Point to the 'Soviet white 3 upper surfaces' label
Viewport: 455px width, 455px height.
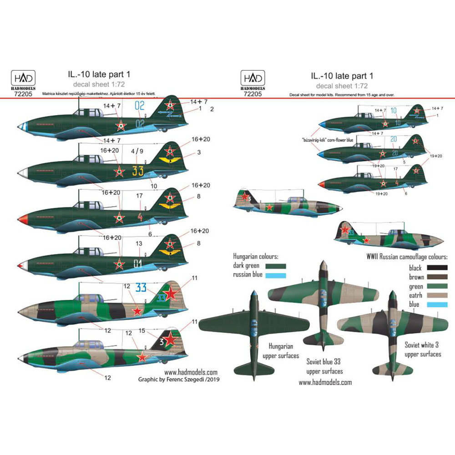pyautogui.click(x=423, y=349)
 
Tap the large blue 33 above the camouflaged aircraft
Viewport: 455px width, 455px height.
pyautogui.click(x=142, y=287)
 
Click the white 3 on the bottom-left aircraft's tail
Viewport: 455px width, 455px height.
pyautogui.click(x=162, y=340)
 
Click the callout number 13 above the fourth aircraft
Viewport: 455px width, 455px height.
pyautogui.click(x=139, y=244)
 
